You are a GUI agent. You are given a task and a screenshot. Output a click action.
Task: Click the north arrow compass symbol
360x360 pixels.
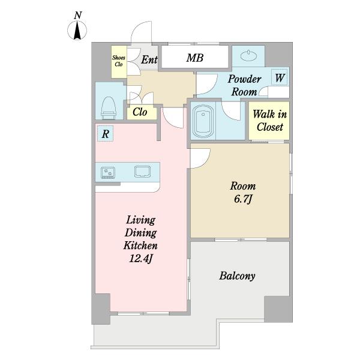click(x=77, y=31)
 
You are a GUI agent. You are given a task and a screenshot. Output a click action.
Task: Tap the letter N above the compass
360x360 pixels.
click(x=78, y=16)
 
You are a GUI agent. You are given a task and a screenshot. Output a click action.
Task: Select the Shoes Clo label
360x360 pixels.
click(x=119, y=61)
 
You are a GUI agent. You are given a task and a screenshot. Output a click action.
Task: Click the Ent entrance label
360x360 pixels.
click(x=149, y=59)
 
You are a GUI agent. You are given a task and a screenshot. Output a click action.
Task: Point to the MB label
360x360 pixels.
click(x=194, y=58)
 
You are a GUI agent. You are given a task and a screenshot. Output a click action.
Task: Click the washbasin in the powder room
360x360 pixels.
click(x=248, y=56)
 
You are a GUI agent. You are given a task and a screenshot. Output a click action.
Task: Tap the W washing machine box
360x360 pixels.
click(x=280, y=77)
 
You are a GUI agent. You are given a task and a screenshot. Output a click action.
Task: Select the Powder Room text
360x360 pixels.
click(x=244, y=85)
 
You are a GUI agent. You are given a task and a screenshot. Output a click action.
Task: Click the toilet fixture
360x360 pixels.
click(x=109, y=108)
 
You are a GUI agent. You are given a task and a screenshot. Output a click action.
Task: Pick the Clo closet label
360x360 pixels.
click(x=140, y=112)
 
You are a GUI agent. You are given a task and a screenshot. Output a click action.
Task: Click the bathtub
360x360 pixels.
click(x=203, y=121)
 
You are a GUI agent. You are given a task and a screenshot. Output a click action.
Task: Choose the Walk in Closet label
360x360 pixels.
click(x=269, y=121)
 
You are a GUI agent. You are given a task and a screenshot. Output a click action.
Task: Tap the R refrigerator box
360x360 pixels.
click(x=105, y=133)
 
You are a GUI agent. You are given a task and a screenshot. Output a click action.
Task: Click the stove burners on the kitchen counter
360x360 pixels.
click(x=107, y=173)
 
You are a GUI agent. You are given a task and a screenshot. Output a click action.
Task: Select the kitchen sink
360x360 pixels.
click(x=143, y=172)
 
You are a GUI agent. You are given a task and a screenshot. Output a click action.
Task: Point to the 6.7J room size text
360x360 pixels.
click(x=243, y=199)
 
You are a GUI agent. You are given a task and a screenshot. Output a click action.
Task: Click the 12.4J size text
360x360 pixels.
click(x=141, y=259)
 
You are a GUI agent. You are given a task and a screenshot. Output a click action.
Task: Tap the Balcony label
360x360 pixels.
click(x=237, y=276)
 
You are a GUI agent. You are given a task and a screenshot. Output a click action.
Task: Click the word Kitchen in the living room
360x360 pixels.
click(x=140, y=245)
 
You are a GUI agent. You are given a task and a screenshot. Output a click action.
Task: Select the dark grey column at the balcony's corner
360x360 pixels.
click(x=278, y=309)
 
